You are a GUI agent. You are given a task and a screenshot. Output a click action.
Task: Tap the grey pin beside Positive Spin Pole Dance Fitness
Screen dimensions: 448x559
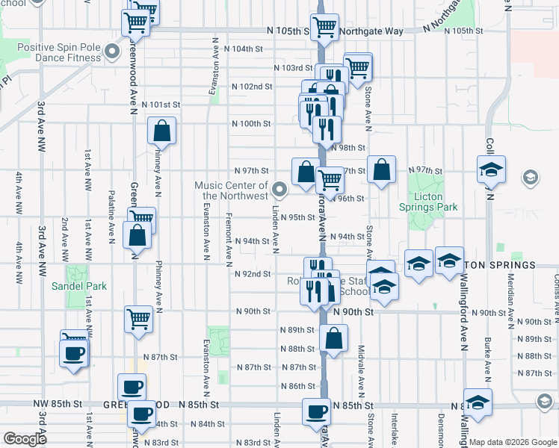pyautogui.click(x=112, y=52)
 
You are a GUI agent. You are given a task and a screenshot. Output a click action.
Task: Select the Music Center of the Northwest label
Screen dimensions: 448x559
pyautogui.click(x=231, y=190)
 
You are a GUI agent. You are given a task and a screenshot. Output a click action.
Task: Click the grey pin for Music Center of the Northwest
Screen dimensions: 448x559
pyautogui.click(x=279, y=188)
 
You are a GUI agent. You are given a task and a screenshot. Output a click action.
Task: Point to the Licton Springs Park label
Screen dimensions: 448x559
pyautogui.click(x=429, y=202)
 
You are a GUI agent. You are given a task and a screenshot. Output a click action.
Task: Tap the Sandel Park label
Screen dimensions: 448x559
pyautogui.click(x=78, y=286)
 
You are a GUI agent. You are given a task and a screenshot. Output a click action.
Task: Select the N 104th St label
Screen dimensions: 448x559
pyautogui.click(x=249, y=49)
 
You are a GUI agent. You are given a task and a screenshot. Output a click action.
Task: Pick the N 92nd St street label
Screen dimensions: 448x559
pyautogui.click(x=253, y=274)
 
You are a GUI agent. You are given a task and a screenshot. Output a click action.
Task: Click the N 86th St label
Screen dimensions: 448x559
pyautogui.click(x=298, y=386)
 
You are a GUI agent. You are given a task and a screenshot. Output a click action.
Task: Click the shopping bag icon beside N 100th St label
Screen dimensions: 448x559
pyautogui.click(x=162, y=131)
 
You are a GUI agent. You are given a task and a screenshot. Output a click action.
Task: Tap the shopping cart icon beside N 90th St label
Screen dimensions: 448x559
pyautogui.click(x=139, y=319)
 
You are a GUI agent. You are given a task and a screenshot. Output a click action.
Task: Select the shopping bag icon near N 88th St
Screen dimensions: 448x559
pyautogui.click(x=333, y=337)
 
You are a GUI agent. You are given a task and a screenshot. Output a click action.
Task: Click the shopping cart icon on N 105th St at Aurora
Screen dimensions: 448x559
pyautogui.click(x=324, y=27)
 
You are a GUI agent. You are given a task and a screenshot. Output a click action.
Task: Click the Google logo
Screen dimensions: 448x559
pyautogui.click(x=25, y=439)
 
